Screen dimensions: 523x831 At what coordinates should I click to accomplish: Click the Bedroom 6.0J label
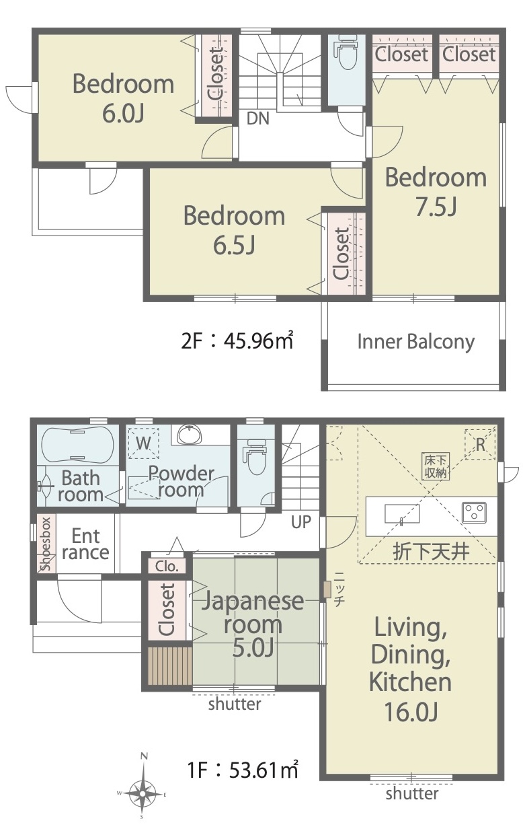(123, 98)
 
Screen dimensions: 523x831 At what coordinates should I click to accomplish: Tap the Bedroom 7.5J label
(436, 192)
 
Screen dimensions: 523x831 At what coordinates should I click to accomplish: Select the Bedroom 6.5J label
(234, 230)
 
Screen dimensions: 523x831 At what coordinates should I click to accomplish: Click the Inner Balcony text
(416, 342)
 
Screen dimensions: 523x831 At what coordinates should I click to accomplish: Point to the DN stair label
(258, 118)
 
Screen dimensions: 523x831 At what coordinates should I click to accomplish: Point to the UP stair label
(300, 522)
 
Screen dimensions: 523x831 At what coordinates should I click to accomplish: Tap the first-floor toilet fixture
(255, 457)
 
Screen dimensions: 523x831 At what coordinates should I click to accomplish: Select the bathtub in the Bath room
(77, 445)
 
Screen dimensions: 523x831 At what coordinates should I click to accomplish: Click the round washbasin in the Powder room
(189, 435)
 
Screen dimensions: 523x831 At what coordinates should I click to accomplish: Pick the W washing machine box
(144, 443)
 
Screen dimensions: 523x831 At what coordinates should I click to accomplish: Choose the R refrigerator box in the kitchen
(480, 445)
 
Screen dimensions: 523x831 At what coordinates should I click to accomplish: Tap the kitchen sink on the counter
(402, 513)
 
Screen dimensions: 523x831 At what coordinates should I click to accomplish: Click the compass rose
(143, 795)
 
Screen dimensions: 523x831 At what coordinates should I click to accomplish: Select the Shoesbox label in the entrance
(46, 544)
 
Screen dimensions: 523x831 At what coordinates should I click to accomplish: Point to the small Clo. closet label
(167, 566)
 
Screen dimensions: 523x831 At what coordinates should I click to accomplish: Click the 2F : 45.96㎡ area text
(237, 340)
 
